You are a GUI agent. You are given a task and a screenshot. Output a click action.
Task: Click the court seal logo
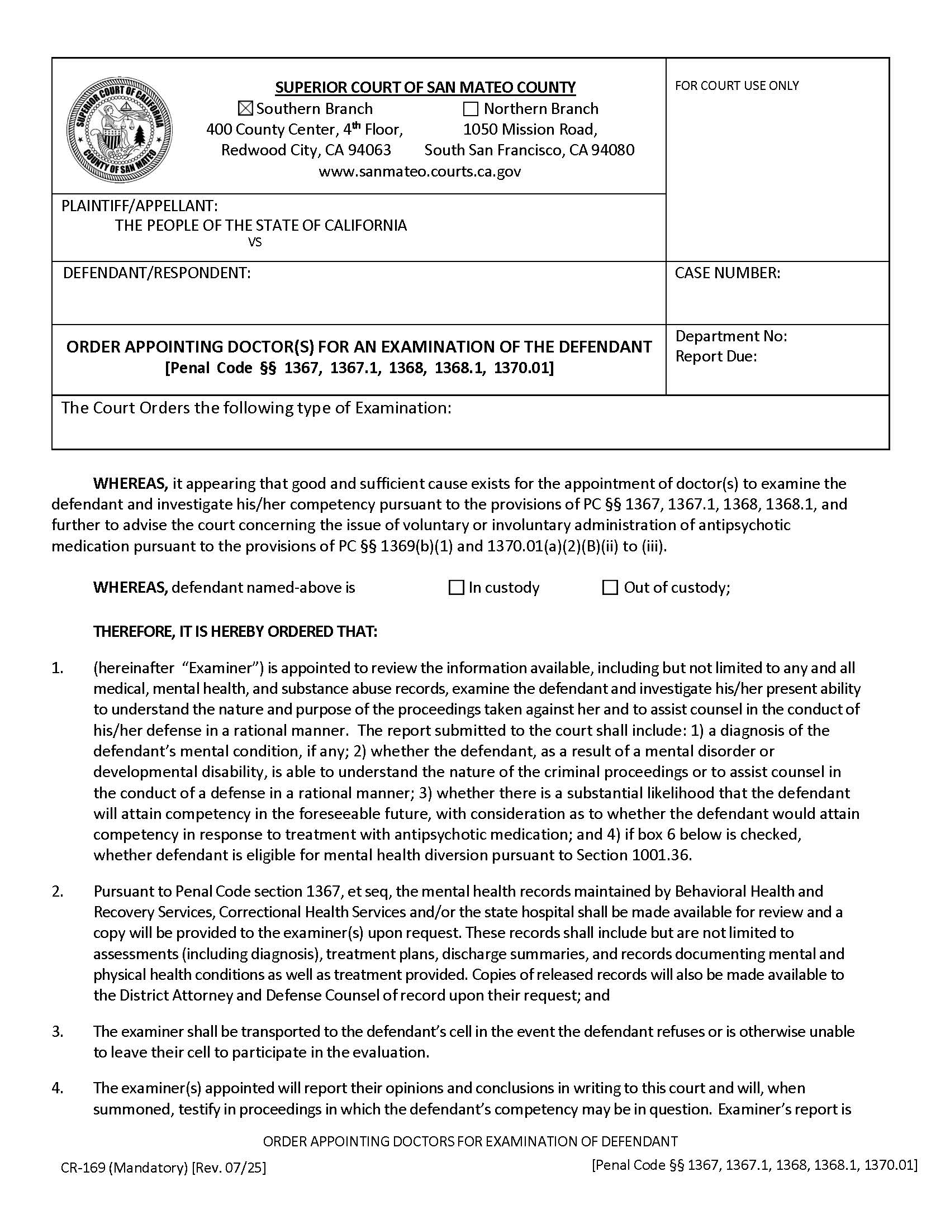[x=120, y=130]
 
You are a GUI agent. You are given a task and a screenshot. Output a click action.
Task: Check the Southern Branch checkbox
[x=246, y=108]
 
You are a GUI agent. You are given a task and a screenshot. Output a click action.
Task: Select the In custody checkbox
[x=455, y=588]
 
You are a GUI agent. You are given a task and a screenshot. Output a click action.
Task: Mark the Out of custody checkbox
[x=610, y=588]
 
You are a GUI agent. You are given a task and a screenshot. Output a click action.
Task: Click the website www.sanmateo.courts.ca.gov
[x=420, y=172]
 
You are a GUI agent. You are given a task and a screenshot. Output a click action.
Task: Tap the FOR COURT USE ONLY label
[x=737, y=85]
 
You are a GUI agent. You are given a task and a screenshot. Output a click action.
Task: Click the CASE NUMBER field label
[x=727, y=274]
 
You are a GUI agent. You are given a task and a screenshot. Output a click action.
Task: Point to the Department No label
[x=731, y=336]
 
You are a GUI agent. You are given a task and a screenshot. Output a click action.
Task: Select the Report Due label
[x=716, y=356]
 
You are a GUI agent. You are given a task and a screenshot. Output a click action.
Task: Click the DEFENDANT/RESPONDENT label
[x=156, y=274]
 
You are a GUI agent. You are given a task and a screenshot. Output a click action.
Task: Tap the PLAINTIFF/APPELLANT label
[x=140, y=206]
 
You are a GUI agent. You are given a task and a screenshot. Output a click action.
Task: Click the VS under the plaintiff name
[x=254, y=242]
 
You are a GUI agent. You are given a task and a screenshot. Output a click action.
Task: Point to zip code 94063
[x=369, y=150]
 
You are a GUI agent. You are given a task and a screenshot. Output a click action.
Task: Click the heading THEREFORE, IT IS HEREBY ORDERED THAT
[x=235, y=631]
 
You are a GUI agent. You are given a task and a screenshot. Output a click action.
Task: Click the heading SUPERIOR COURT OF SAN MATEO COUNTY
[x=425, y=87]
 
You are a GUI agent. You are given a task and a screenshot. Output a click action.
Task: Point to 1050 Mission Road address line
[x=530, y=130]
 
